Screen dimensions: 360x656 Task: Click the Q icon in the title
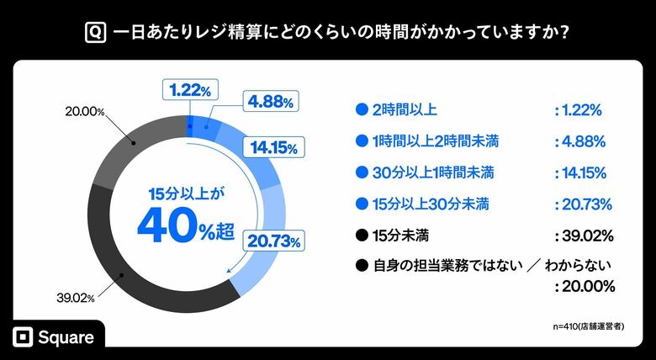pos(95,33)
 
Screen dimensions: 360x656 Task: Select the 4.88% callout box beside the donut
pos(269,102)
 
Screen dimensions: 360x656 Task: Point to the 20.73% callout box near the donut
pos(273,241)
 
